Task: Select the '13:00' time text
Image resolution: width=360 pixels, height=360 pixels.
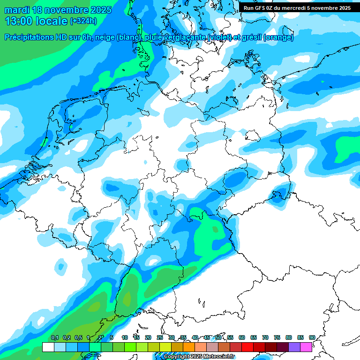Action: (18, 21)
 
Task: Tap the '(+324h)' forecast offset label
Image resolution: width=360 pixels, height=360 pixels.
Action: (83, 21)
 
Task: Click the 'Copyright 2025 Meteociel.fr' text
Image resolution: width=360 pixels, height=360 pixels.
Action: (199, 357)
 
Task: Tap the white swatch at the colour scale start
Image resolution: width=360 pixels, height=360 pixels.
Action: (48, 347)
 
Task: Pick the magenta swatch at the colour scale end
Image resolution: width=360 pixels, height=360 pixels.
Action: (306, 347)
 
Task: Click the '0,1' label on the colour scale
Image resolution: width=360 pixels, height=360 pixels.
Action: (54, 337)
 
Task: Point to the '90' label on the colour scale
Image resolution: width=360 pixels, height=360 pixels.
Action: (312, 337)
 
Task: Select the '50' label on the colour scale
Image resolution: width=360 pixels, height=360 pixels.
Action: (218, 337)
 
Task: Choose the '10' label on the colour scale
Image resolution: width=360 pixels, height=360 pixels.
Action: (125, 337)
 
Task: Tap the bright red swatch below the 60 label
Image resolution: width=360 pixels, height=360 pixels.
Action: (247, 347)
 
